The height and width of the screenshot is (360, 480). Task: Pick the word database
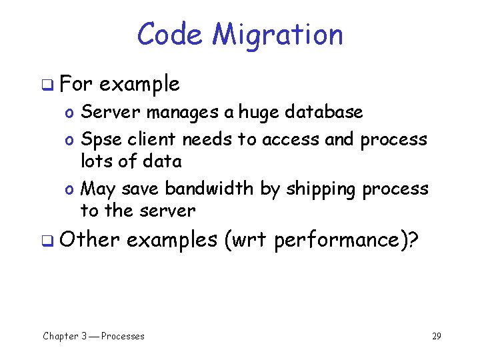click(324, 112)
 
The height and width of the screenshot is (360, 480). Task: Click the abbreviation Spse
click(100, 140)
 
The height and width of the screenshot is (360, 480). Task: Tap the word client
click(152, 139)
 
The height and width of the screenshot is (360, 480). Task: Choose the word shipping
click(322, 190)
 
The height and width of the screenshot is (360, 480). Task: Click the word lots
click(95, 161)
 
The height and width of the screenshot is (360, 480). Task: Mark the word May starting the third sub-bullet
click(98, 190)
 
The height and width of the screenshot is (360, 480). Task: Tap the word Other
click(89, 239)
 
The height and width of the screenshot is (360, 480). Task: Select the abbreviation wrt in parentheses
click(249, 240)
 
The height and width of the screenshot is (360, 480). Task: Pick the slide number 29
click(436, 336)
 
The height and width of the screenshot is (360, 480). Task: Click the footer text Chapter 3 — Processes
click(93, 336)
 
